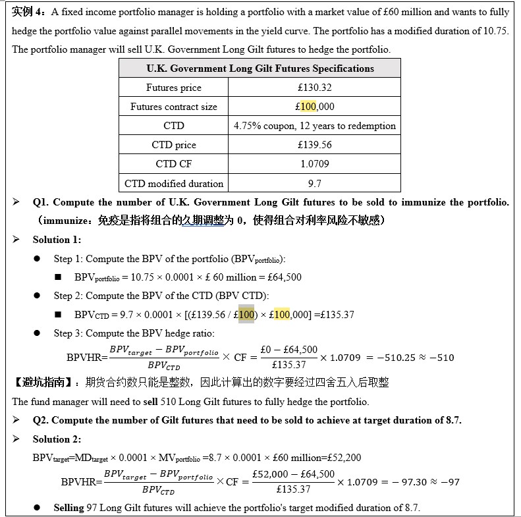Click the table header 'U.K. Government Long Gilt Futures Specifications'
(x=260, y=68)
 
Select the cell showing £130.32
(x=314, y=88)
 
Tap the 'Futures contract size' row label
(x=173, y=107)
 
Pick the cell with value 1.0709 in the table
(x=314, y=164)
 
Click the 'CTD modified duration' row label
(x=173, y=183)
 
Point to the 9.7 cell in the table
(x=314, y=183)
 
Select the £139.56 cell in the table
(x=314, y=145)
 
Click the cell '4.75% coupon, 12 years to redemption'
(x=314, y=126)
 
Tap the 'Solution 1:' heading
(x=57, y=240)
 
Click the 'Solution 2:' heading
(x=57, y=439)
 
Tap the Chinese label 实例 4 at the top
(x=29, y=12)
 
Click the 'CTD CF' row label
(x=173, y=164)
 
